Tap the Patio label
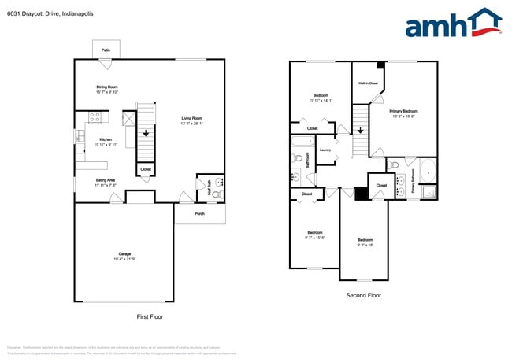pos(106,50)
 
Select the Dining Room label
pos(106,90)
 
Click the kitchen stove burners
pos(94,118)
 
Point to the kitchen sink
pos(80,137)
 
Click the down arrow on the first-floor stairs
pos(146,134)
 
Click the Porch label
pos(199,213)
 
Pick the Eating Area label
pos(106,183)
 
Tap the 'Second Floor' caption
pos(363,295)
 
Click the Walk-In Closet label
pos(368,83)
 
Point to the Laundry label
pos(325,149)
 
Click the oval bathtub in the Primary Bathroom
pos(426,171)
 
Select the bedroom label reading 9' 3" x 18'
pos(364,242)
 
